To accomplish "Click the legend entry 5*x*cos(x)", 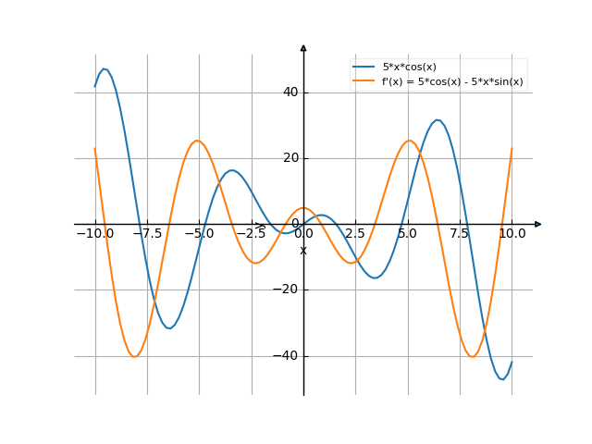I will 409,68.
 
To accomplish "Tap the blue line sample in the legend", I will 364,68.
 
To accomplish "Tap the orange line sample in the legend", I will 364,81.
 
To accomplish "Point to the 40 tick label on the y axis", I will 290,92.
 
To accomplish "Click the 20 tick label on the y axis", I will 290,158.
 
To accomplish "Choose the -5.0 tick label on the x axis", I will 199,234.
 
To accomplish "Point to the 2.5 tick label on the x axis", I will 355,234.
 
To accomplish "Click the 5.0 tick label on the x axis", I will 407,234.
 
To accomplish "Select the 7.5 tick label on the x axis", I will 460,234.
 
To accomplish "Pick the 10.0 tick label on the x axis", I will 512,234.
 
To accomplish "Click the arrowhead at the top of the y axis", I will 303,46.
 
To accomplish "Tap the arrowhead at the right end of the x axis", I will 538,224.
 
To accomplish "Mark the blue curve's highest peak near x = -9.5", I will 105,68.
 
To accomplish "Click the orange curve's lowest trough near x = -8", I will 135,356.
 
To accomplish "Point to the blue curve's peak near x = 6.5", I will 438,119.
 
